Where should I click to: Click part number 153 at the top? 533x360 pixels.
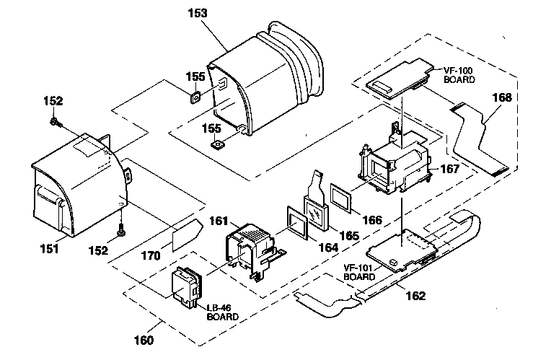tap(198, 13)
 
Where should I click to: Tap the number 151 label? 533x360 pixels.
tap(49, 249)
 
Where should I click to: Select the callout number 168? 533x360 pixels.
tap(502, 98)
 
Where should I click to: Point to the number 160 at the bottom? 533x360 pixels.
tap(144, 340)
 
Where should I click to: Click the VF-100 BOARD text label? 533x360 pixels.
tap(459, 75)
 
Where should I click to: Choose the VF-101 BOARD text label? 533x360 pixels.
tap(359, 272)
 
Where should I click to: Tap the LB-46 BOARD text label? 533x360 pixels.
tap(222, 312)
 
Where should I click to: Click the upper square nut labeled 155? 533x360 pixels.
tap(195, 98)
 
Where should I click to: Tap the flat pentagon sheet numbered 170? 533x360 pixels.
tap(187, 235)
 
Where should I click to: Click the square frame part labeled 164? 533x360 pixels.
tap(297, 223)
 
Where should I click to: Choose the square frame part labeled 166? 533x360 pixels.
tap(341, 198)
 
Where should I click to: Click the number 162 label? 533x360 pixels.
tap(415, 296)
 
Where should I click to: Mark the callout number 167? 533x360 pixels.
tap(449, 169)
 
